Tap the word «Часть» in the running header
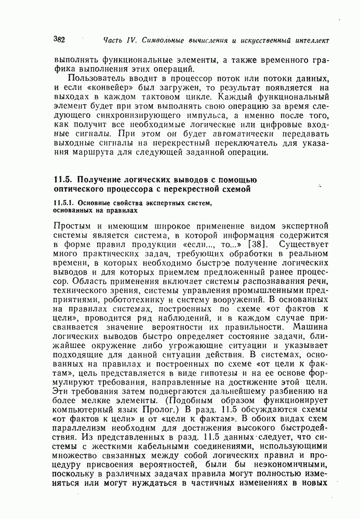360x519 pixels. (113, 40)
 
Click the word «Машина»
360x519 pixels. (311, 329)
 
